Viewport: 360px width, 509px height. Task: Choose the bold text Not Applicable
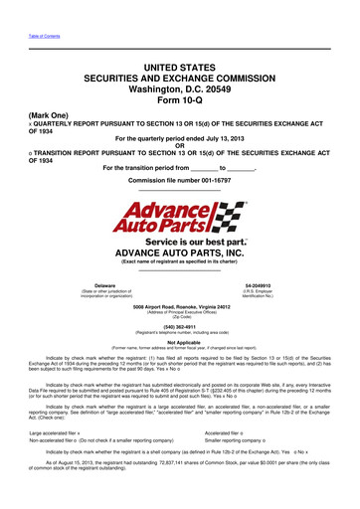tap(180, 340)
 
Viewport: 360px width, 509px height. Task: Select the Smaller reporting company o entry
tap(268, 467)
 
